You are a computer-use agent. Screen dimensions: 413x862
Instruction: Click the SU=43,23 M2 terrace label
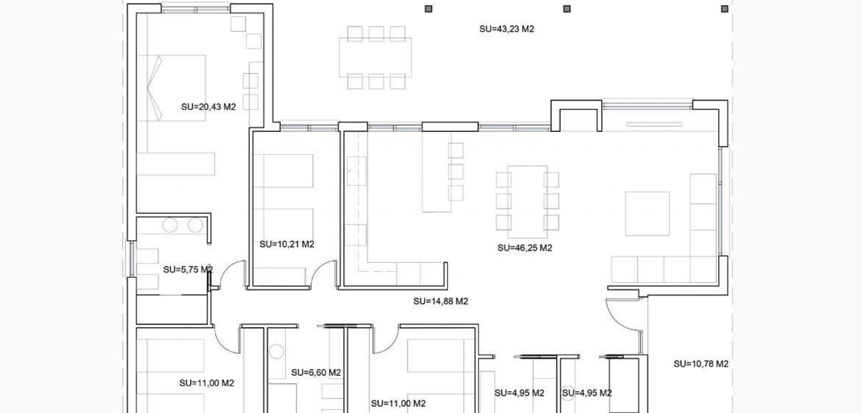(x=506, y=29)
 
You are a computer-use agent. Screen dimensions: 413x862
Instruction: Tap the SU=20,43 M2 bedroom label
(x=208, y=107)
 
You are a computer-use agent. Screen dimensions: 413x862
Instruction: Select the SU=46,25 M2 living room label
(x=524, y=248)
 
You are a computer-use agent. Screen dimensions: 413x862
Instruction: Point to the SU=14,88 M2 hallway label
(x=440, y=301)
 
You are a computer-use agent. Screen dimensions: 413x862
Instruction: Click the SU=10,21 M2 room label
(x=286, y=244)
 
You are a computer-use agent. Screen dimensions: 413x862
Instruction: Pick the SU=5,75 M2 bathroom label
(x=188, y=270)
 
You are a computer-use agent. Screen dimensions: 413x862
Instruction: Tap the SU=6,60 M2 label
(x=316, y=373)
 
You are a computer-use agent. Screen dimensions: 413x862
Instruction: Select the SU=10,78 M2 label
(x=700, y=364)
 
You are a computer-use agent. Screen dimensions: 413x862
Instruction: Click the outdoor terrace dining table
(x=375, y=57)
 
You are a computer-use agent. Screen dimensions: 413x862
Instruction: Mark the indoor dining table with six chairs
(x=527, y=202)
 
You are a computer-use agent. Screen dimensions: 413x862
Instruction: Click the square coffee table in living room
(x=647, y=214)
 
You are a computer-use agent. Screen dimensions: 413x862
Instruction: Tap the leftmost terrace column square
(x=428, y=9)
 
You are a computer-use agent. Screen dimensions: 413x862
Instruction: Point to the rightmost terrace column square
(x=724, y=9)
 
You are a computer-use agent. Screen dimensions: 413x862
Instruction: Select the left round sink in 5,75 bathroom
(x=170, y=225)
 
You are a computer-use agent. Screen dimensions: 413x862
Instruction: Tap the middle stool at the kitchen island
(x=455, y=171)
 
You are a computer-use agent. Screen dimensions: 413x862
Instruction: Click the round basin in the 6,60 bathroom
(x=276, y=351)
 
